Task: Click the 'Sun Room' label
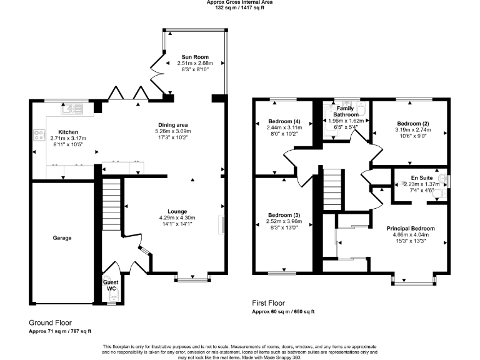tap(195, 56)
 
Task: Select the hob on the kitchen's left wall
tap(38, 134)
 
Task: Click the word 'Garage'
tap(62, 238)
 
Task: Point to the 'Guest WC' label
tap(111, 285)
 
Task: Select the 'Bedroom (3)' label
tap(284, 215)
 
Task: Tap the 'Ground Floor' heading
tap(51, 322)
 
